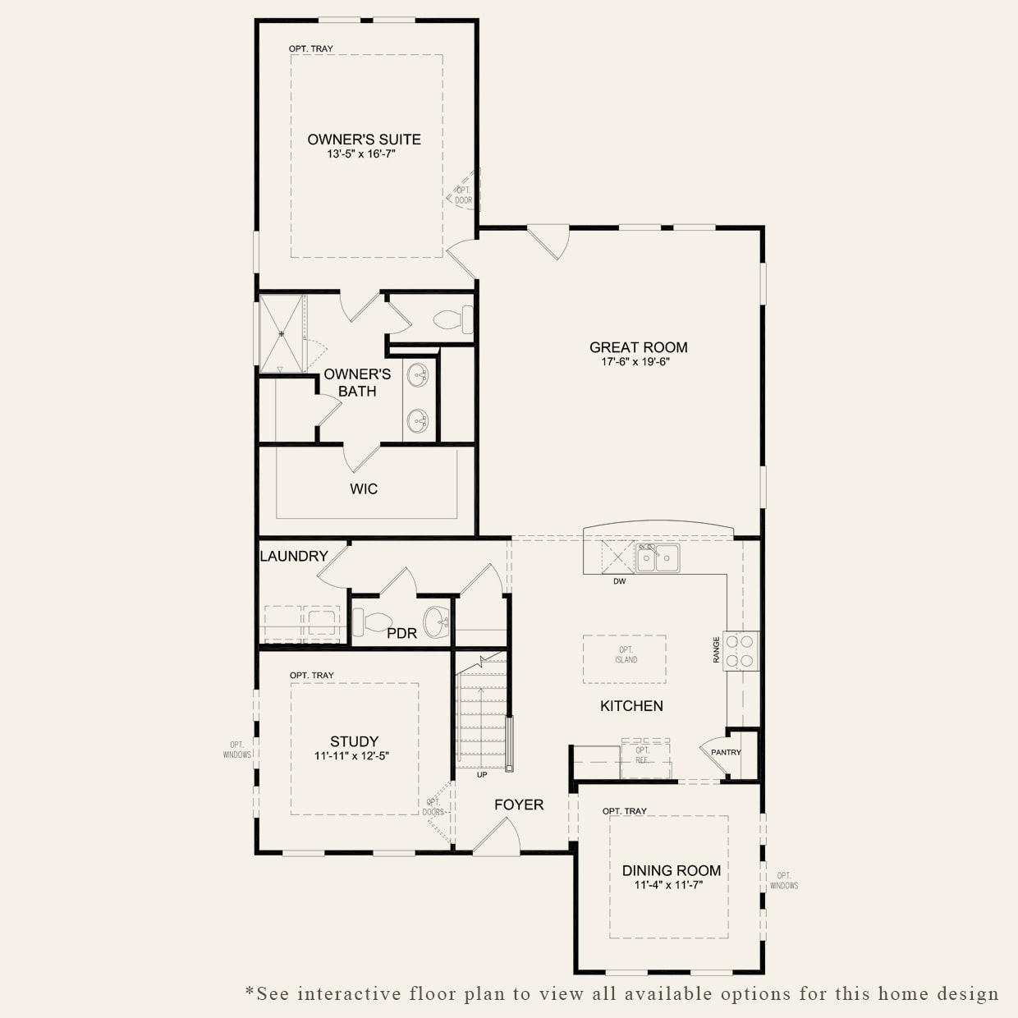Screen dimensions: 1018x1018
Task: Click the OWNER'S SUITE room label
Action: click(x=364, y=140)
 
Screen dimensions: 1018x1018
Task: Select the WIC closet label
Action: click(x=364, y=489)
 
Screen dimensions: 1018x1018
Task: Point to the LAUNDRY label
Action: click(x=294, y=556)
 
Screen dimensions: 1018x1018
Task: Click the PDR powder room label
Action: click(x=401, y=633)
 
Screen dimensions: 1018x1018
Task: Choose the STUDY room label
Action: click(x=354, y=741)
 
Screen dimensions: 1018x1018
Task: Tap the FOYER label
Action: click(x=519, y=805)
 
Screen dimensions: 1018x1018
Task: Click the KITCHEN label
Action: click(x=631, y=706)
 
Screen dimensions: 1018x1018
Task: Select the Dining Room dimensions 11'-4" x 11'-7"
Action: click(x=668, y=885)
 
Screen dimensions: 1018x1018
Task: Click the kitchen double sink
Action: click(x=658, y=557)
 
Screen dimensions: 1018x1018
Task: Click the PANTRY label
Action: click(x=726, y=752)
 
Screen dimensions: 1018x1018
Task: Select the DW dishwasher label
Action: click(x=619, y=582)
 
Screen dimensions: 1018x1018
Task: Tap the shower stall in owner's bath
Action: click(x=282, y=333)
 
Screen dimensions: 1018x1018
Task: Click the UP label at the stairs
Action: click(x=482, y=774)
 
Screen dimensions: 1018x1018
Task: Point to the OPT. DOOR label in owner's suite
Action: click(x=464, y=195)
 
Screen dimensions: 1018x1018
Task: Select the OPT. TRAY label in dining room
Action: click(x=624, y=811)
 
